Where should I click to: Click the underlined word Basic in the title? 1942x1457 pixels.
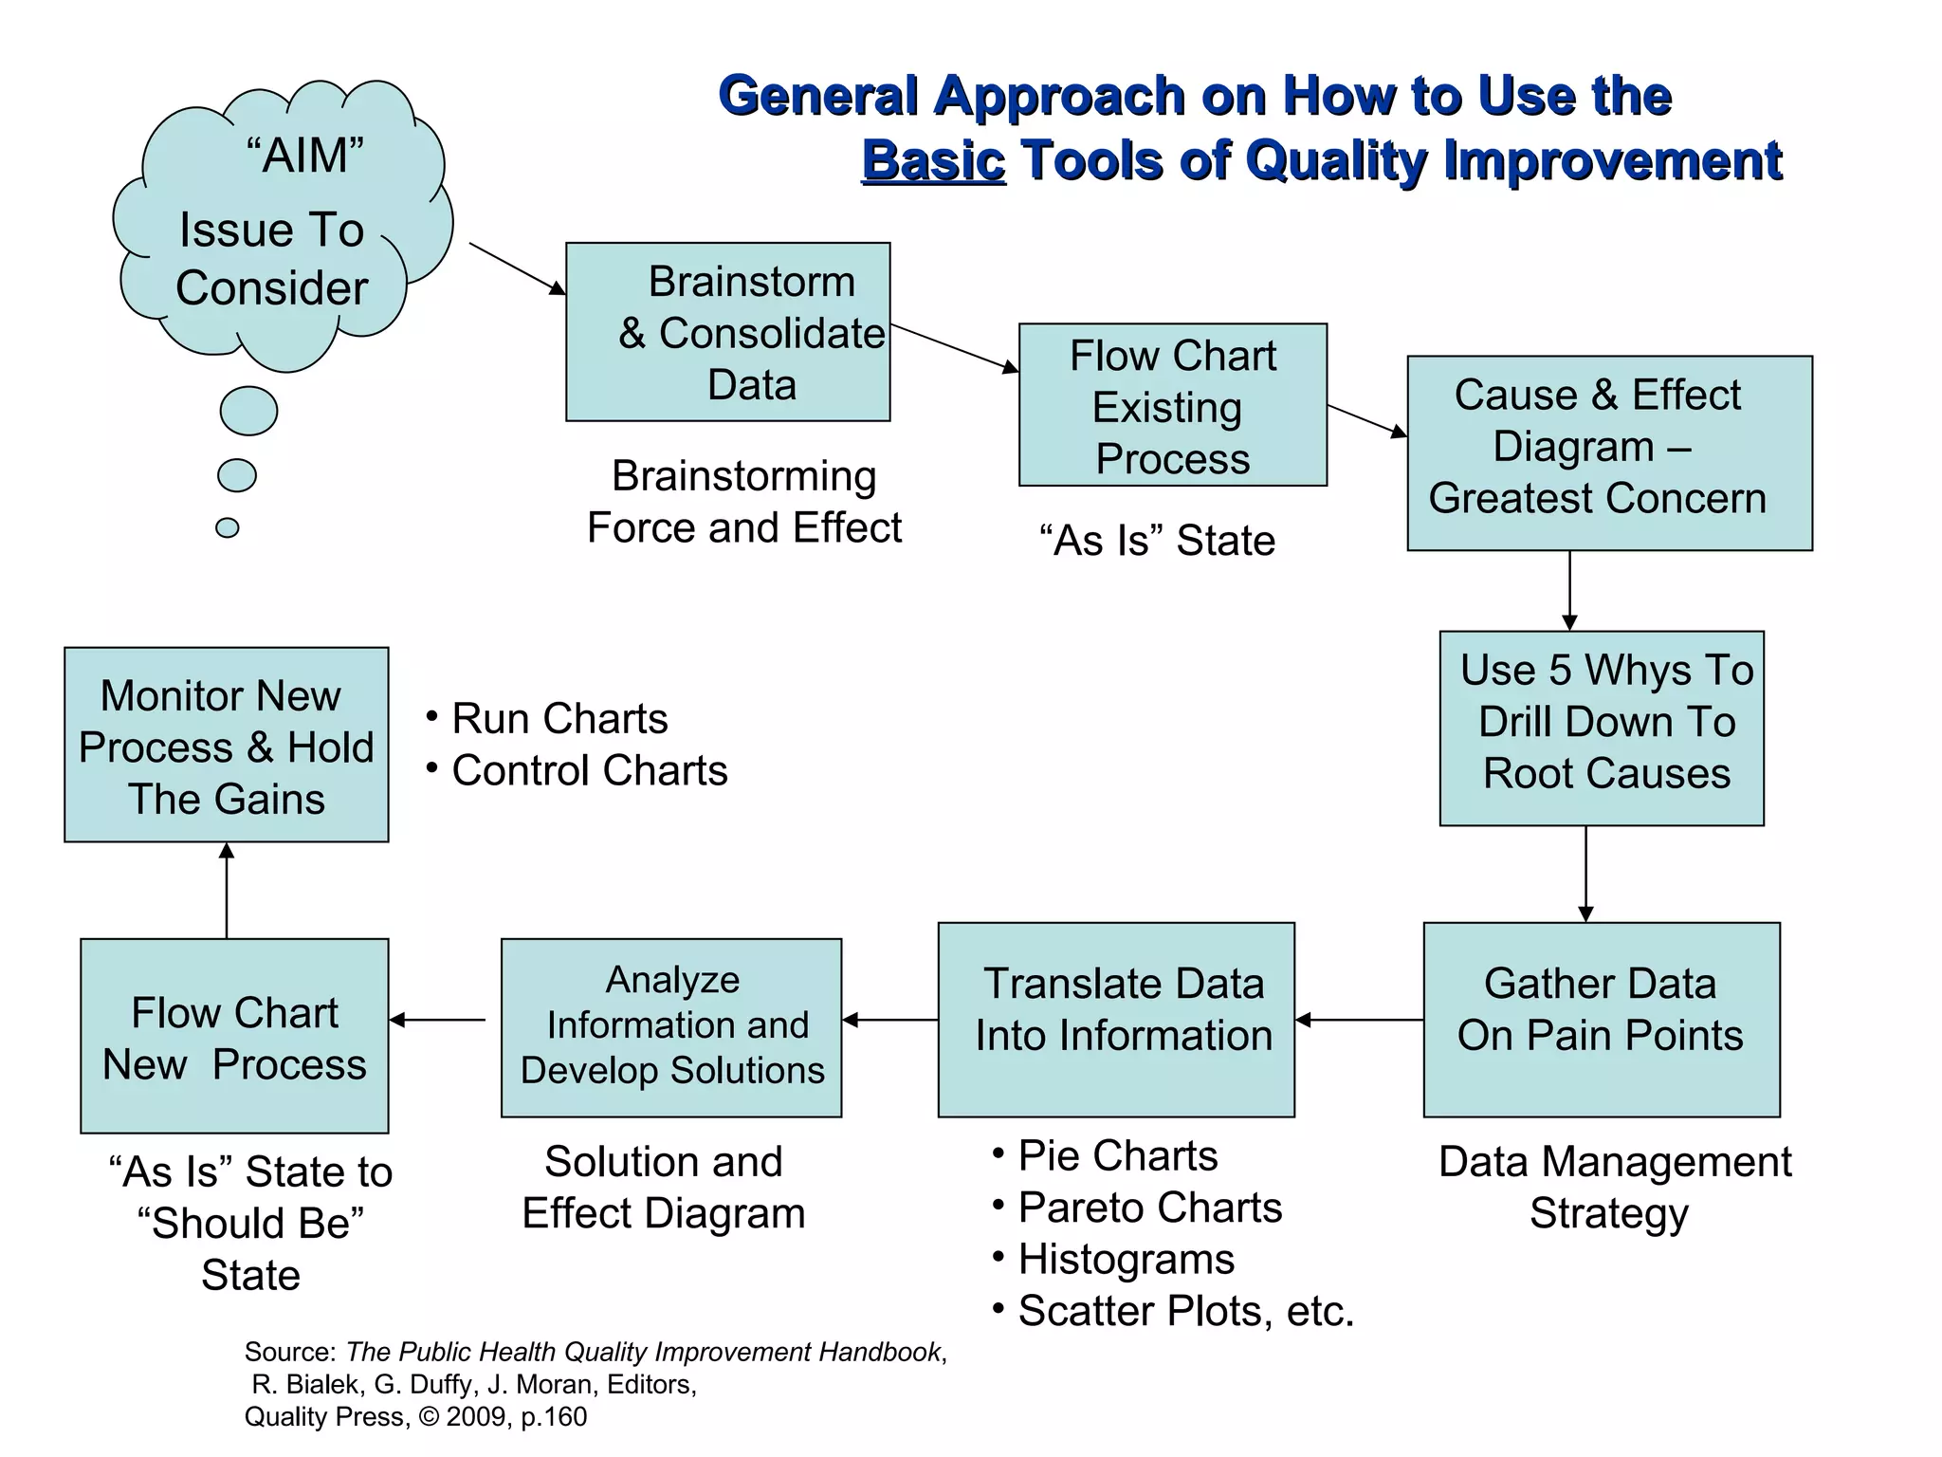(933, 160)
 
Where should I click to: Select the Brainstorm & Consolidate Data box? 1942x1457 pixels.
(727, 332)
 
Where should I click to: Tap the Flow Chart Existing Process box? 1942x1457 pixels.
(1172, 405)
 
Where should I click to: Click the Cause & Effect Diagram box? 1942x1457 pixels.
(1608, 452)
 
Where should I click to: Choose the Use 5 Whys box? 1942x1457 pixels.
(1601, 728)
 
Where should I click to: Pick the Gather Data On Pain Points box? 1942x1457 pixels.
(1601, 1019)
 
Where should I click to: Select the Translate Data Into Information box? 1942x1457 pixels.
(1115, 1019)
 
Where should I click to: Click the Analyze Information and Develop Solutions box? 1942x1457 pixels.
(670, 1027)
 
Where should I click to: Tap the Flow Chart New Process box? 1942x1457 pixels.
(234, 1036)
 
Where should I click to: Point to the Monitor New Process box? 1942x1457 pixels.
(226, 745)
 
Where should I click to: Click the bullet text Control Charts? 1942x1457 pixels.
(589, 770)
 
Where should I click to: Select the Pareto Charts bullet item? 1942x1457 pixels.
(1148, 1208)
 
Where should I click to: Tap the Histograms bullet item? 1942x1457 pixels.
(1126, 1260)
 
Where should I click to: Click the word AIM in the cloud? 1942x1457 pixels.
(304, 155)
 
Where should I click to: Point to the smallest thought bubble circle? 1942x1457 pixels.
(228, 527)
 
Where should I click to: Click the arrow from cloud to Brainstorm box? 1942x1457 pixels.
(517, 268)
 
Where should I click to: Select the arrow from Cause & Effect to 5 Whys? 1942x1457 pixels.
(1569, 590)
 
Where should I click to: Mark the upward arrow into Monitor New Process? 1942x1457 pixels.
(226, 890)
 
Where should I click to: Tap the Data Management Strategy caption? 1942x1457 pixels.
(1614, 1188)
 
